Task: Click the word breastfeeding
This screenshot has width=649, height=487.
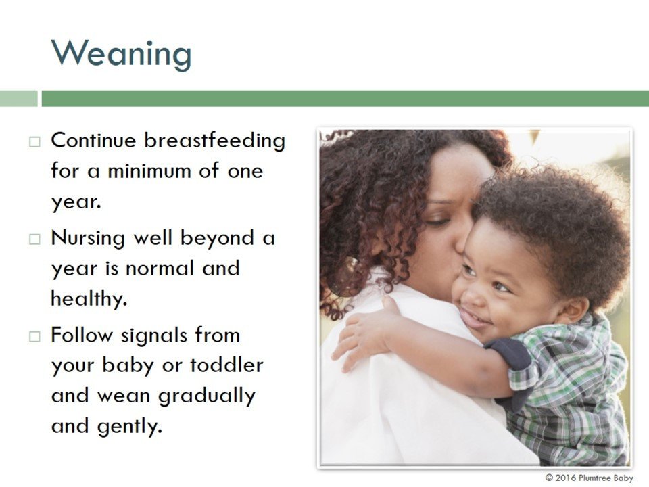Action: pyautogui.click(x=214, y=140)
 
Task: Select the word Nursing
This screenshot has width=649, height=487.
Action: pyautogui.click(x=88, y=239)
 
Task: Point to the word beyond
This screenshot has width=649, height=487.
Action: pyautogui.click(x=217, y=239)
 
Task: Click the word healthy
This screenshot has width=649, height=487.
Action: pyautogui.click(x=89, y=298)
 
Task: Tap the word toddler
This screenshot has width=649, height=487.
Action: pyautogui.click(x=226, y=365)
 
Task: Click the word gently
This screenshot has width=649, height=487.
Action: pyautogui.click(x=129, y=427)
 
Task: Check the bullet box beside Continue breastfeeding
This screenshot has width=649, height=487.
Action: pyautogui.click(x=34, y=141)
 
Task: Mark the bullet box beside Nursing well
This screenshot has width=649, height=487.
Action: pyautogui.click(x=34, y=239)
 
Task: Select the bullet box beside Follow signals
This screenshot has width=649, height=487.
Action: pyautogui.click(x=34, y=336)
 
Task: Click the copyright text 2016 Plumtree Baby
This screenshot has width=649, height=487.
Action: pyautogui.click(x=589, y=478)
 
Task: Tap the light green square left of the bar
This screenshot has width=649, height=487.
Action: pyautogui.click(x=19, y=99)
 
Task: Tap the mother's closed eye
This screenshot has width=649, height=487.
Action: pyautogui.click(x=437, y=223)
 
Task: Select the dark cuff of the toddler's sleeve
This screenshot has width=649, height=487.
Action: pyautogui.click(x=510, y=353)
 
